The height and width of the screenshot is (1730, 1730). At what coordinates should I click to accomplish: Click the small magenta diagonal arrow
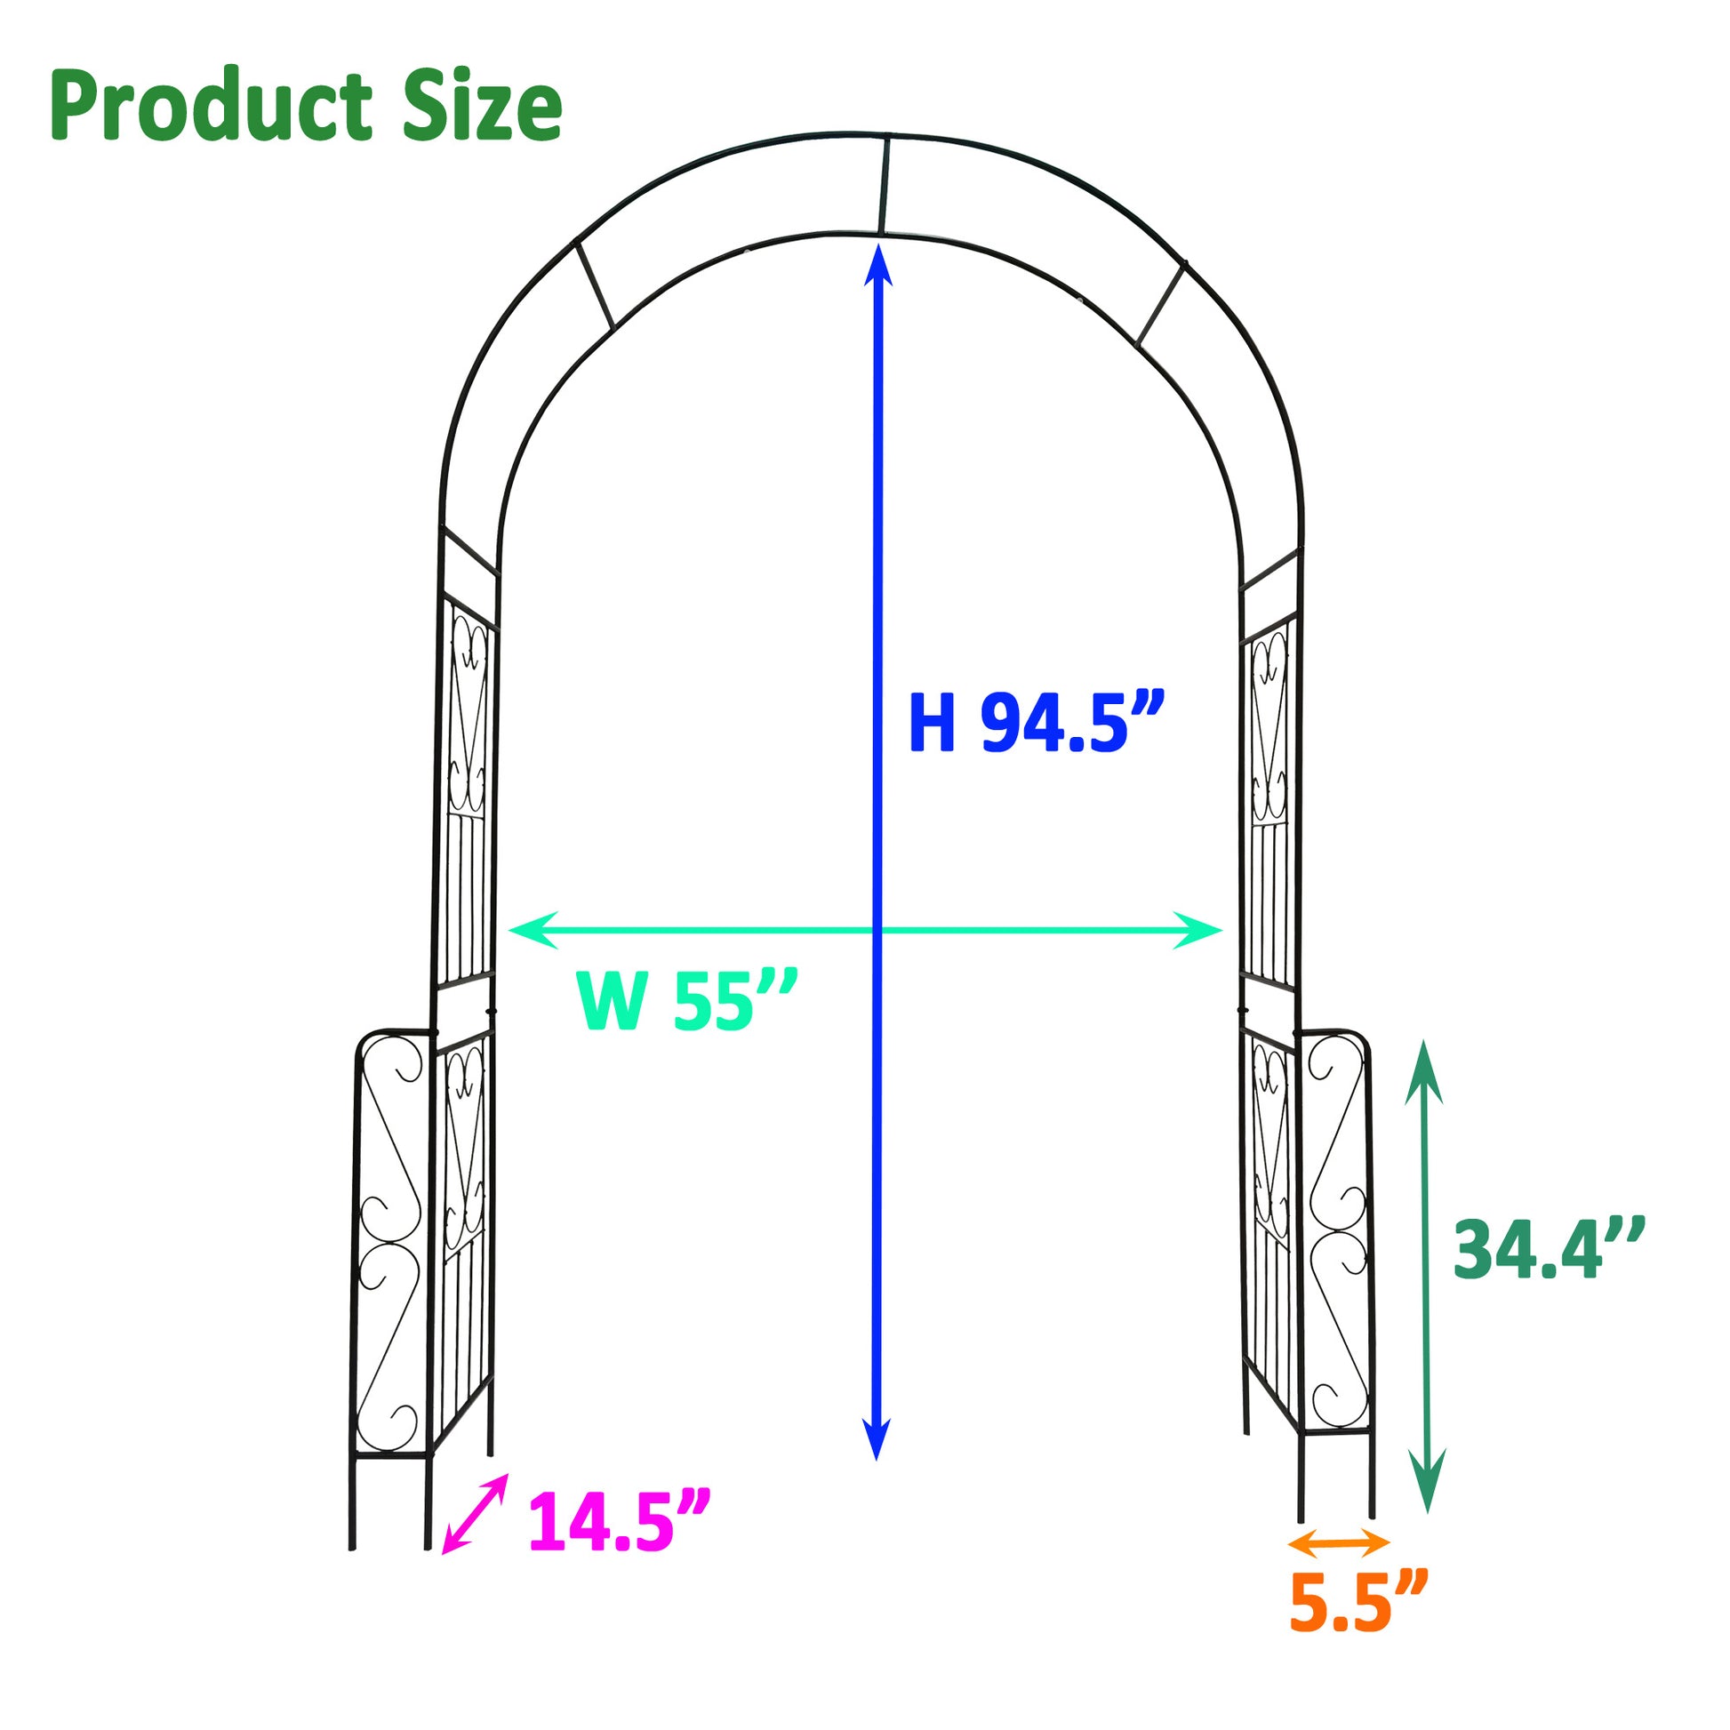coord(476,1512)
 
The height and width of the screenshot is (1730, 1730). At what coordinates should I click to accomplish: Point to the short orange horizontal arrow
coord(1339,1542)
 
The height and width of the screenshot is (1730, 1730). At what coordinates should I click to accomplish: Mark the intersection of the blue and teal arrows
coord(877,931)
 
